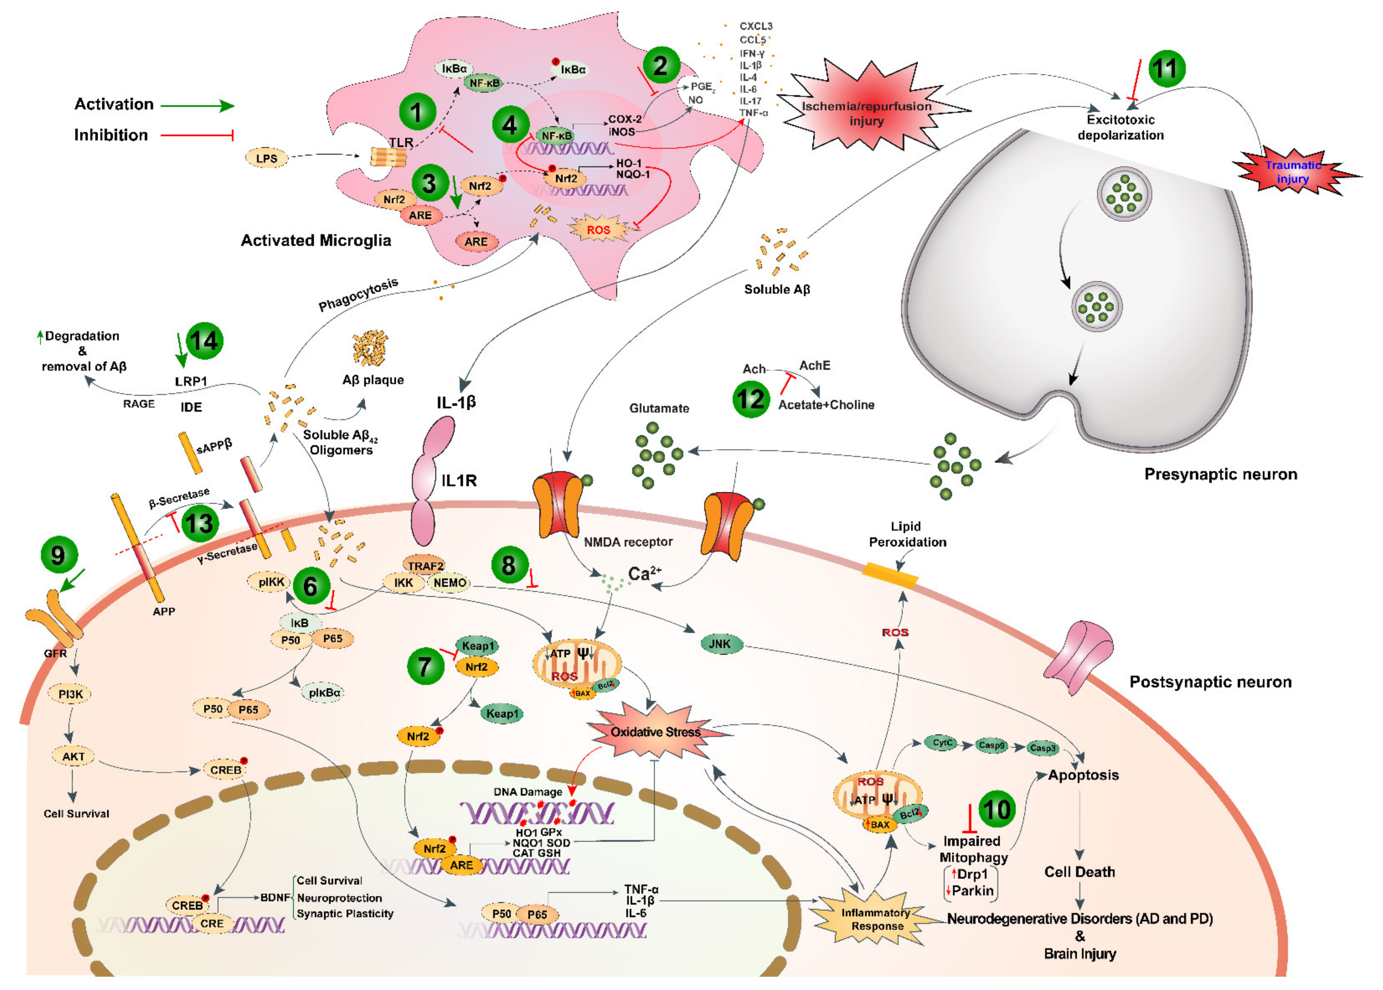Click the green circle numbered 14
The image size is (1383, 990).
[x=204, y=340]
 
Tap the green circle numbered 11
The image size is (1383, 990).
[x=1167, y=68]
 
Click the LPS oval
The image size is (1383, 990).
[x=266, y=159]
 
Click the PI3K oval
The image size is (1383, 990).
[x=71, y=694]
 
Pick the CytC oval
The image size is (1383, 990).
[x=942, y=743]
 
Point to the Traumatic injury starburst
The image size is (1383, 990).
[x=1293, y=172]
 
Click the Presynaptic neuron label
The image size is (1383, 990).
[x=1220, y=474]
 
